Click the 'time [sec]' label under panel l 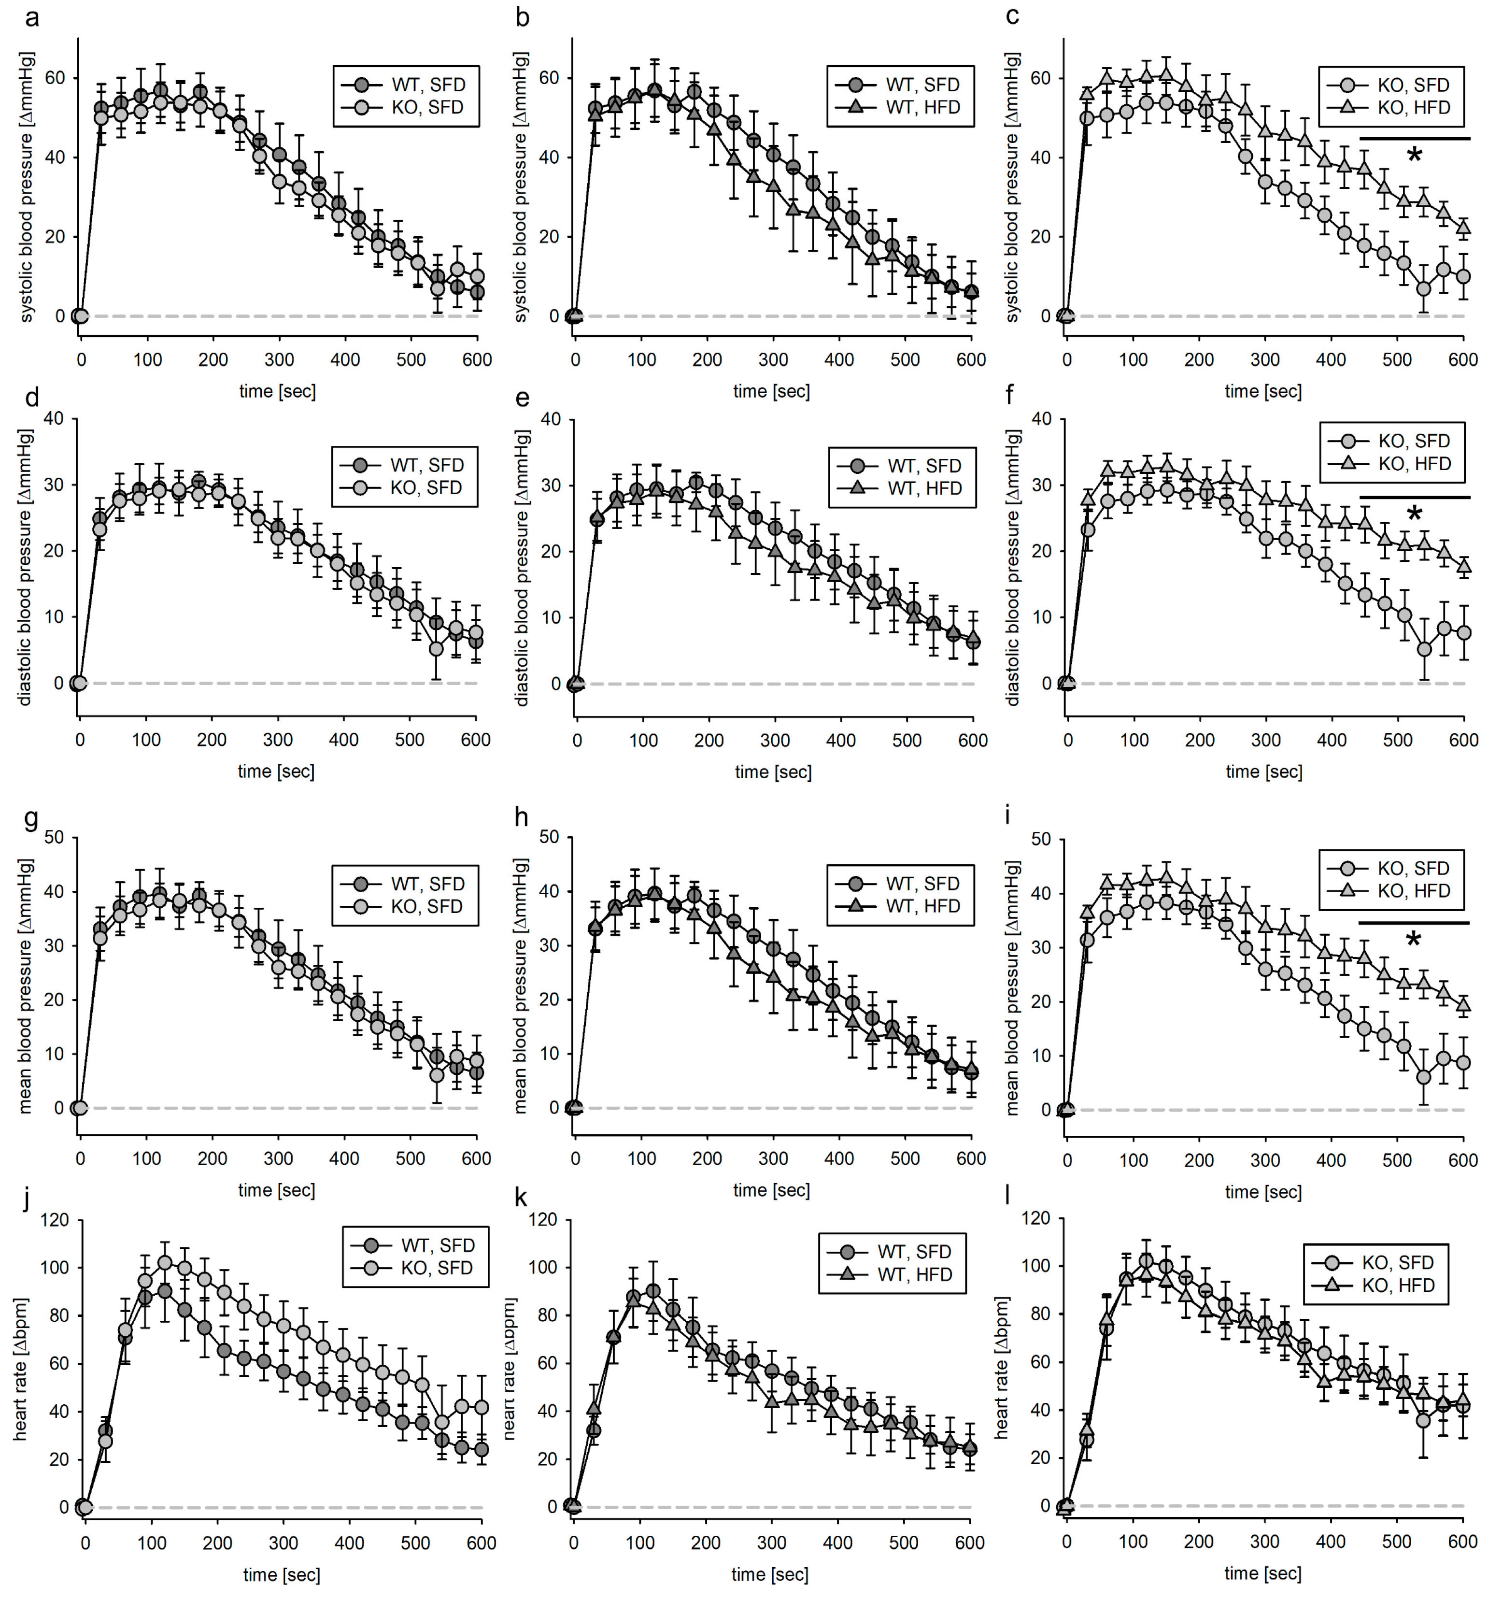[x=1262, y=1572]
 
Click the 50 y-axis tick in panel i [x=1040, y=840]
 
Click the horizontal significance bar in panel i [x=1413, y=922]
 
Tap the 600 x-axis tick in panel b [x=971, y=360]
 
